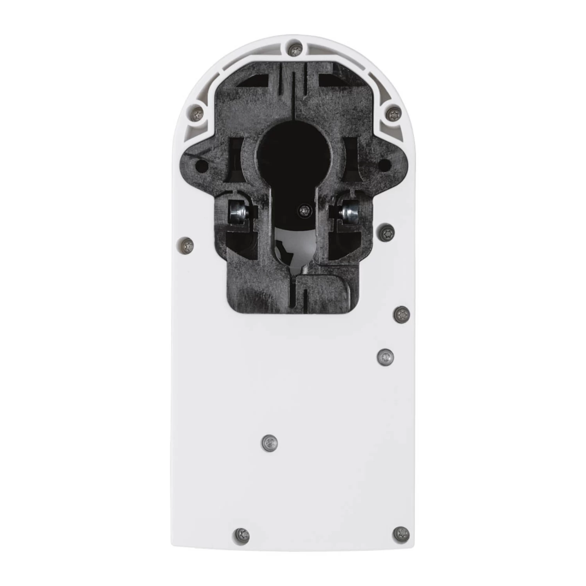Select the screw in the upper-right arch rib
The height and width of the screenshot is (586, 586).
(x=393, y=114)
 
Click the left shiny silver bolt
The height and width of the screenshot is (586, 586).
(x=237, y=213)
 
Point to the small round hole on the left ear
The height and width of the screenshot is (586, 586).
(x=202, y=165)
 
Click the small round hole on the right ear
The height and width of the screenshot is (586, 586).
(x=385, y=165)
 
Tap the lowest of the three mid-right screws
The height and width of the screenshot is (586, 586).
(x=386, y=356)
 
